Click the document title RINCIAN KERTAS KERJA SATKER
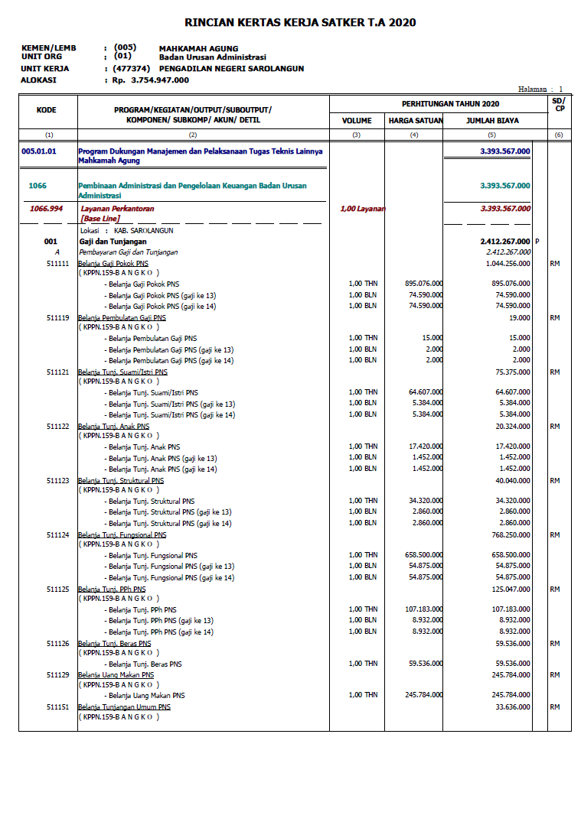(300, 23)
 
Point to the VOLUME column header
(357, 121)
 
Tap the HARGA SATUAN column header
(414, 121)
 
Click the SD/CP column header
(559, 104)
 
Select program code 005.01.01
(39, 151)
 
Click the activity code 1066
(38, 186)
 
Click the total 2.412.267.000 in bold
(503, 242)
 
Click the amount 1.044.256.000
(508, 263)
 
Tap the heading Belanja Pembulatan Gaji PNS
(122, 317)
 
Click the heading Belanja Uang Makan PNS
(116, 675)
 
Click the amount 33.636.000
(512, 707)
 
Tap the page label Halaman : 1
(540, 89)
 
